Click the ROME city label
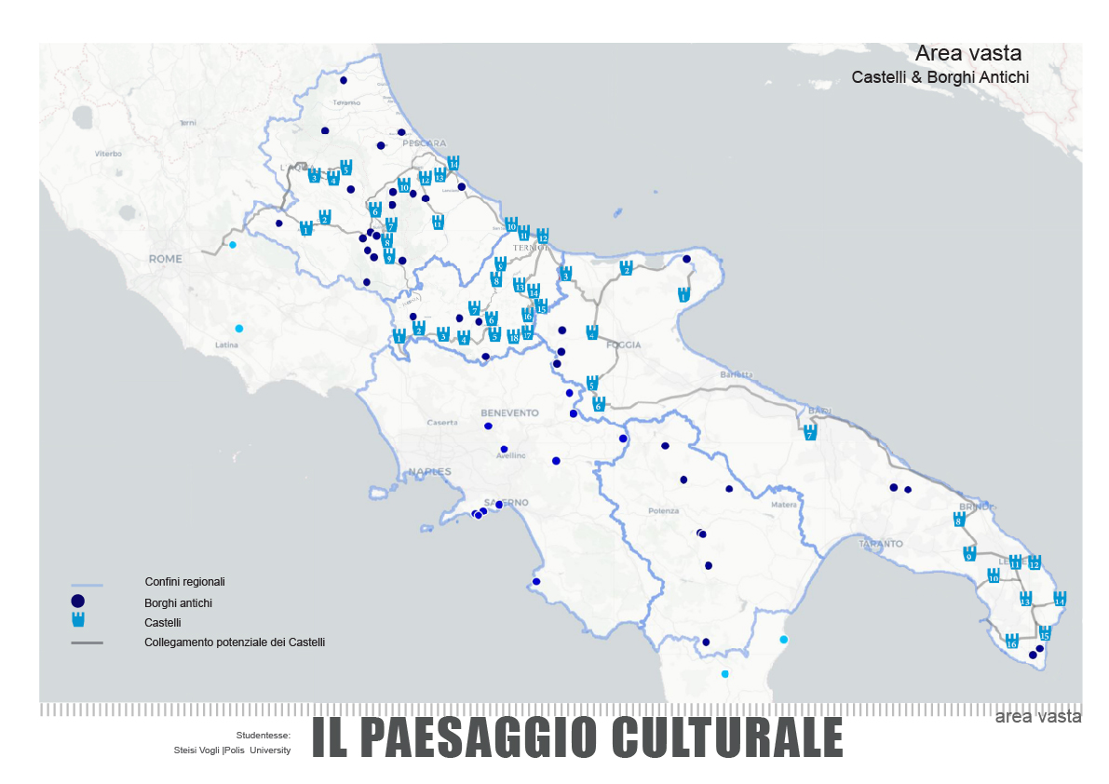pyautogui.click(x=166, y=258)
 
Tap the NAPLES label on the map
pyautogui.click(x=429, y=471)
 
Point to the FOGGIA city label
pyautogui.click(x=623, y=345)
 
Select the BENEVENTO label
pyautogui.click(x=509, y=412)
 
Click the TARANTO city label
pyautogui.click(x=881, y=543)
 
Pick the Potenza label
pyautogui.click(x=663, y=511)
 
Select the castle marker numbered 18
pyautogui.click(x=513, y=336)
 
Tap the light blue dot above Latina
pyautogui.click(x=239, y=328)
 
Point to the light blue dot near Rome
pyautogui.click(x=233, y=245)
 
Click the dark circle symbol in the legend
pyautogui.click(x=78, y=602)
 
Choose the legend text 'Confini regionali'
pyautogui.click(x=184, y=582)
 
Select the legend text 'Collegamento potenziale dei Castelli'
pyautogui.click(x=235, y=642)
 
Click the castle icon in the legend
pyautogui.click(x=78, y=621)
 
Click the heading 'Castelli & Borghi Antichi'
pyautogui.click(x=940, y=77)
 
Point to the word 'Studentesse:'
pyautogui.click(x=264, y=735)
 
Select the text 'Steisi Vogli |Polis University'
pyautogui.click(x=232, y=750)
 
